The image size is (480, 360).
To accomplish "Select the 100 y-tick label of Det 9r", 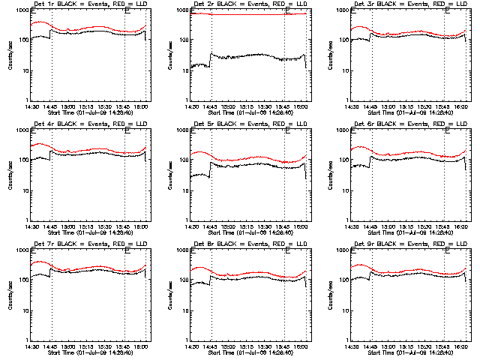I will pyautogui.click(x=340, y=280).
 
